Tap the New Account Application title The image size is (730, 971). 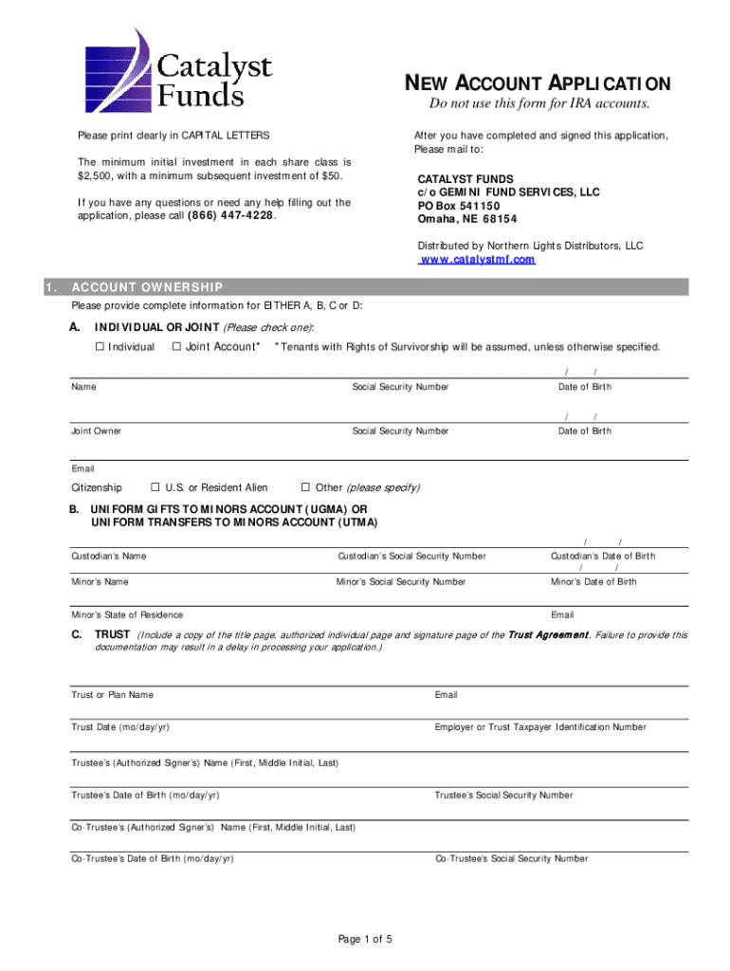[x=538, y=83]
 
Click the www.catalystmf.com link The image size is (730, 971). [x=477, y=259]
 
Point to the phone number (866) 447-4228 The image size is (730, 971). [x=232, y=215]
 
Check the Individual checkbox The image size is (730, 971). [x=100, y=347]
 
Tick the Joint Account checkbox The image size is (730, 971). [x=177, y=347]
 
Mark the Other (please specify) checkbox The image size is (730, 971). [x=305, y=487]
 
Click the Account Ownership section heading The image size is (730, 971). [x=147, y=287]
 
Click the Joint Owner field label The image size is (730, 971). [x=96, y=431]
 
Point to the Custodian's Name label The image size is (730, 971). [x=108, y=556]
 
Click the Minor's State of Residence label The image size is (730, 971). [x=127, y=614]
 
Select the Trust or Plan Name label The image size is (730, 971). [x=112, y=695]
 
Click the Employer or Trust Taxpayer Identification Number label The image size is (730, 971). [x=540, y=727]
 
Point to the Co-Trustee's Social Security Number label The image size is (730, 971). [x=511, y=858]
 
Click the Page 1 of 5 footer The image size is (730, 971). [x=365, y=939]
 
